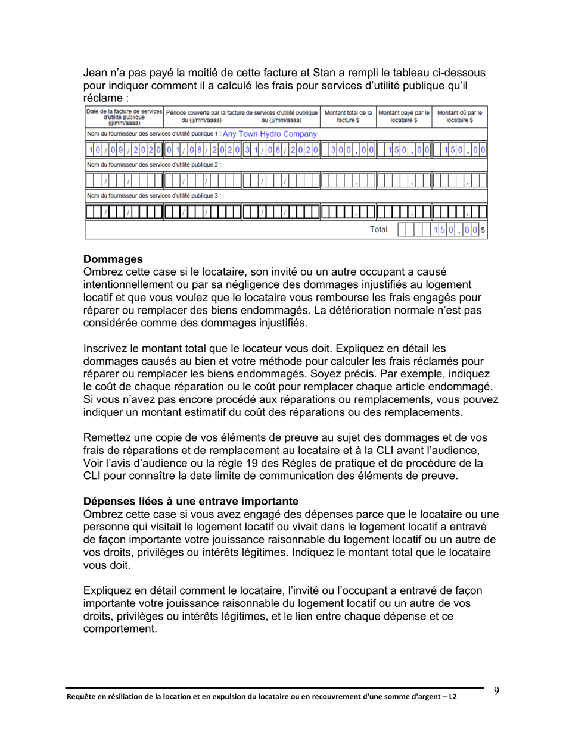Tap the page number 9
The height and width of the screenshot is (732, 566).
pos(496,690)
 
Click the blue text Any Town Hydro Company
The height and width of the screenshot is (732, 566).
pos(269,134)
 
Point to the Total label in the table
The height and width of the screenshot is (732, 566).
pos(379,229)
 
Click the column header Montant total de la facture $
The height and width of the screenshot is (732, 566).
pos(349,116)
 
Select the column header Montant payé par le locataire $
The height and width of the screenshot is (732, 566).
pos(405,116)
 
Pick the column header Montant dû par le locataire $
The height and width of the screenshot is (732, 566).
pos(460,116)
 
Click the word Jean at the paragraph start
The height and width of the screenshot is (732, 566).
pos(96,73)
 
